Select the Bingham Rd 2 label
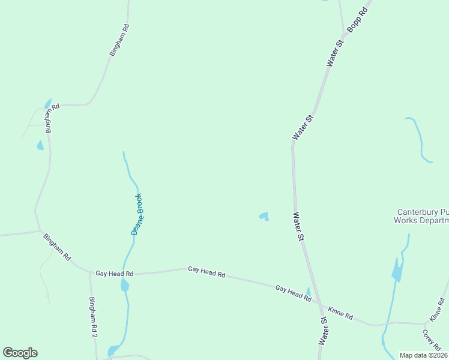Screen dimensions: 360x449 [x=93, y=317]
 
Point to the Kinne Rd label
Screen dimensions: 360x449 [x=340, y=314]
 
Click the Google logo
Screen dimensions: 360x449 [x=20, y=353]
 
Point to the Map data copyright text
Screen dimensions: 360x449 [x=424, y=355]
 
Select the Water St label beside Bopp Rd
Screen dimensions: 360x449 [x=335, y=53]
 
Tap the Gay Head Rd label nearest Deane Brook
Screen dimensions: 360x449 [x=114, y=274]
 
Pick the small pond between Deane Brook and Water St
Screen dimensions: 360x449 [x=264, y=216]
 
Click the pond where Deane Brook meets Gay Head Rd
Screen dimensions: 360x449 [x=125, y=286]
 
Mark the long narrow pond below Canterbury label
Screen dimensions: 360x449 [x=396, y=271]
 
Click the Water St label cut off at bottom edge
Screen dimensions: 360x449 [x=323, y=331]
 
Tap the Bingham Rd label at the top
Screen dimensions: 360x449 [x=119, y=40]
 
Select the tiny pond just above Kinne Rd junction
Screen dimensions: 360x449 [x=309, y=292]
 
